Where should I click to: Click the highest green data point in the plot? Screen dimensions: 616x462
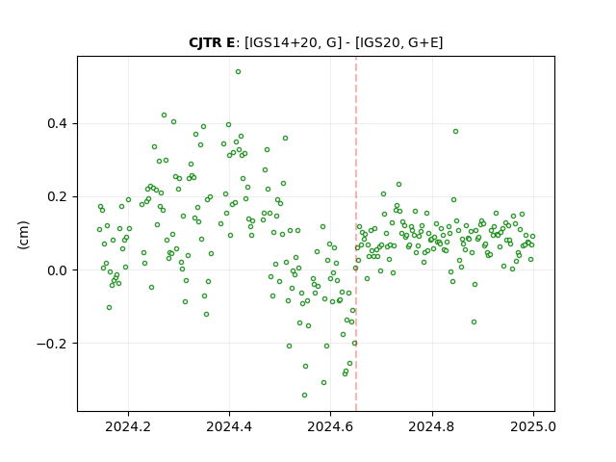(x=238, y=72)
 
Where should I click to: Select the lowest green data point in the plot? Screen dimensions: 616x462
(x=304, y=396)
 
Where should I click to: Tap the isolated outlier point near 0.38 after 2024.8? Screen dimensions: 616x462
(x=455, y=132)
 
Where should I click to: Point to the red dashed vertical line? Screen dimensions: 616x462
(x=356, y=234)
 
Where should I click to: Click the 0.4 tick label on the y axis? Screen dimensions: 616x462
(x=58, y=124)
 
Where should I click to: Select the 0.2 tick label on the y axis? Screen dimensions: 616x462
(x=58, y=196)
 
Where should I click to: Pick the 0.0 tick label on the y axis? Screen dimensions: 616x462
(x=58, y=270)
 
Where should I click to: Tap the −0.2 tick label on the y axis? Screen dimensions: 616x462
(x=52, y=344)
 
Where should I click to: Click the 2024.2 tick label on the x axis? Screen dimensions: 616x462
(x=128, y=426)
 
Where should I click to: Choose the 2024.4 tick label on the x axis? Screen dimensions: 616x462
(x=229, y=426)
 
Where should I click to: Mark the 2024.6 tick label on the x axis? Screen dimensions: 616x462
(x=331, y=426)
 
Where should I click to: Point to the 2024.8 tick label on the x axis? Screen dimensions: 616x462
(x=432, y=426)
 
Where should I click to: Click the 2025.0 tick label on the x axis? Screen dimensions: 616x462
(x=533, y=426)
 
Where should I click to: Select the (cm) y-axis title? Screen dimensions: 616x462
(x=23, y=235)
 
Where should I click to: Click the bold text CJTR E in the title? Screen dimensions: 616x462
(x=212, y=42)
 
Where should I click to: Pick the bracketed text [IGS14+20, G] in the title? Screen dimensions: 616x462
(x=294, y=42)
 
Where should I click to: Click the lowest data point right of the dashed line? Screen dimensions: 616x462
(x=475, y=322)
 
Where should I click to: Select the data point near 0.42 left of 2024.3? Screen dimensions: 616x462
(x=165, y=115)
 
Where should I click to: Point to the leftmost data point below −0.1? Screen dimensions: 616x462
(x=109, y=308)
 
